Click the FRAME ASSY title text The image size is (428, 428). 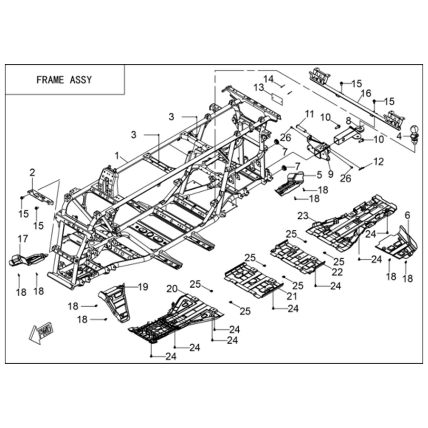[64, 80]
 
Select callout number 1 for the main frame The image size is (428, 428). [117, 156]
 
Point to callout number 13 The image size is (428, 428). [259, 88]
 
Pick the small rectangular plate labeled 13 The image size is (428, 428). [277, 99]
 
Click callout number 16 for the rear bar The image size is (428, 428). [366, 93]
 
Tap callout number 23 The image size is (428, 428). [303, 216]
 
